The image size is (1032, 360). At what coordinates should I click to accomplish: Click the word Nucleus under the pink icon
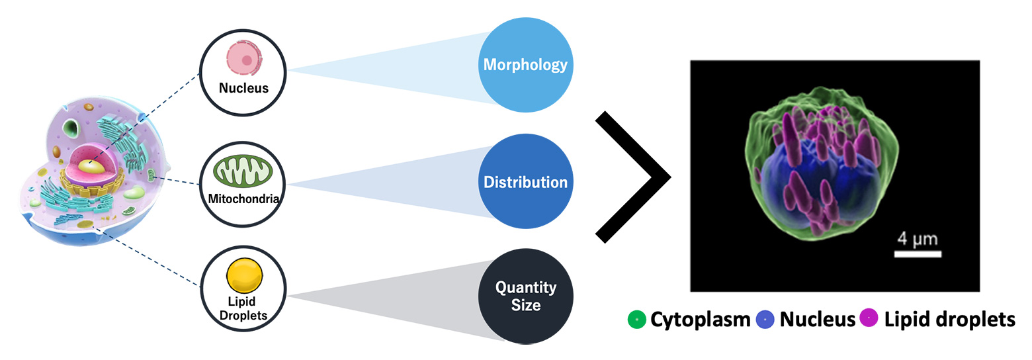pos(244,88)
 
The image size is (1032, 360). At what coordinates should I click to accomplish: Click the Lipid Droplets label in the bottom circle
pos(243,308)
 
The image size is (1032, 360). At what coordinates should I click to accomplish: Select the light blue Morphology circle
pos(525,65)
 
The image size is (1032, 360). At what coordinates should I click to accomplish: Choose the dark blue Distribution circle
pos(525,182)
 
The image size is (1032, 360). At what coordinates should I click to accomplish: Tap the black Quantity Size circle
pos(525,296)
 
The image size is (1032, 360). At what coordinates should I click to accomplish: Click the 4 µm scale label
pos(917,238)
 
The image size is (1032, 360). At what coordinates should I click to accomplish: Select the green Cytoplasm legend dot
pos(636,320)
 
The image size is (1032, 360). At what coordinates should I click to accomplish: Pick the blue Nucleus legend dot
pos(765,320)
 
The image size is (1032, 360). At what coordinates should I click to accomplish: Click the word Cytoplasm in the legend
pos(700,320)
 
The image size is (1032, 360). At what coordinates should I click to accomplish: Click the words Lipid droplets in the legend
pos(949,320)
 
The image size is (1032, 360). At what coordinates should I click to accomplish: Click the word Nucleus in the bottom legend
pos(818,320)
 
